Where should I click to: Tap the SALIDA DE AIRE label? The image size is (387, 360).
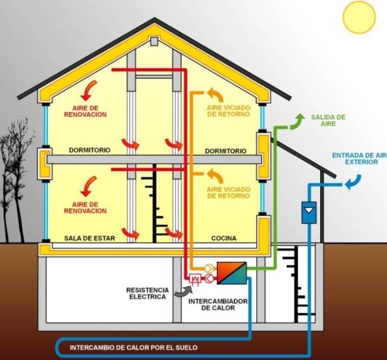[328, 121]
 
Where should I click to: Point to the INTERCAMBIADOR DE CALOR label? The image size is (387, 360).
[219, 304]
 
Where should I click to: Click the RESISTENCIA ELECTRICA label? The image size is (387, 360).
[148, 294]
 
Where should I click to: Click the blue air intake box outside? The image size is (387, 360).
[309, 212]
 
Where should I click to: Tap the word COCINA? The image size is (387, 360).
[223, 239]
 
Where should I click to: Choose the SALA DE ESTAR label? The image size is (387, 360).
[86, 239]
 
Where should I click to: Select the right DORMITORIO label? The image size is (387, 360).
[226, 151]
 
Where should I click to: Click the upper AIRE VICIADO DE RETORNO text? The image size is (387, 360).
[227, 111]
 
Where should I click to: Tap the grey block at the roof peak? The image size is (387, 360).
[154, 41]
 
